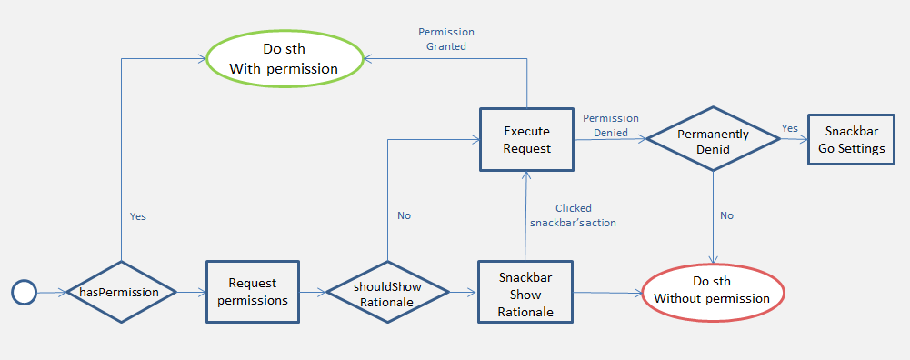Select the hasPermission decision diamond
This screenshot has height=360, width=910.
pos(121,292)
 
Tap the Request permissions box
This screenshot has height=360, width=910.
pos(253,292)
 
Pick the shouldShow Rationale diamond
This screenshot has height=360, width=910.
pos(387,292)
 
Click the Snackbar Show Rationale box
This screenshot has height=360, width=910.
pos(525,292)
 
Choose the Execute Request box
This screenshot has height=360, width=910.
pos(526,139)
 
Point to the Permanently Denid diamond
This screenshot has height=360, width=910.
pos(714,139)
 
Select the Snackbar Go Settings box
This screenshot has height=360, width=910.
pos(852,139)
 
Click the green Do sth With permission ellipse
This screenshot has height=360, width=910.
pos(284,59)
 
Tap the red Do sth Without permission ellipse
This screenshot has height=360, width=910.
pos(713,291)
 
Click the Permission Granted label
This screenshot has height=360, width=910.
pos(446,39)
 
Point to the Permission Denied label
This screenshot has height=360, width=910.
pos(610,125)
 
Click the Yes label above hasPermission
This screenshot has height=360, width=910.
pos(138,216)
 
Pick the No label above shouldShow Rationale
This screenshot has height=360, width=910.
pos(404,215)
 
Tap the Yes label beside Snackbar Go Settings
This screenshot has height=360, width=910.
pos(790,128)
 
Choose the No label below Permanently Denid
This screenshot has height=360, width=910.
pos(726,215)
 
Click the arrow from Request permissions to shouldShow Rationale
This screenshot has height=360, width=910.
pos(313,292)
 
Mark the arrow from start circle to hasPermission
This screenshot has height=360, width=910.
pos(51,293)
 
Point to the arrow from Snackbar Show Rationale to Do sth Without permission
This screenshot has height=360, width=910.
pos(607,293)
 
